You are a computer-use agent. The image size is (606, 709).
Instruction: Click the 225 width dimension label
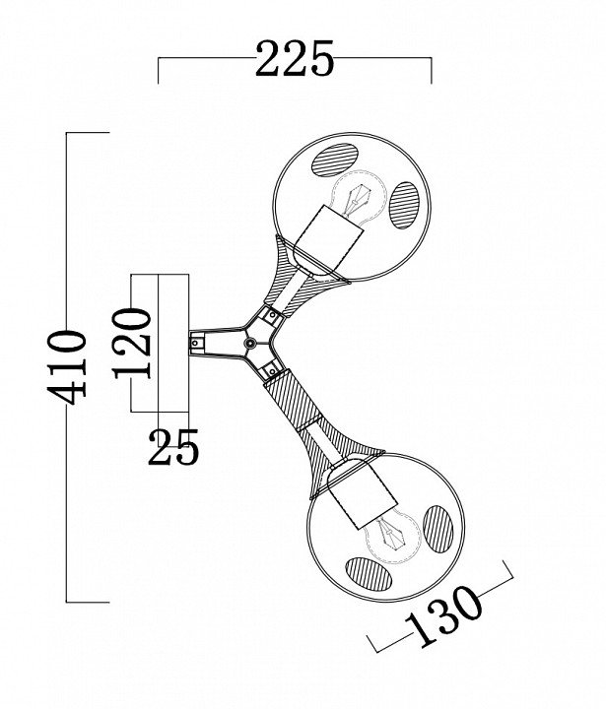295,60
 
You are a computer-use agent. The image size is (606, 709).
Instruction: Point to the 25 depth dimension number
174,449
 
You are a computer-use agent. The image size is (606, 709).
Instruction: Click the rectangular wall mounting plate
172,341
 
